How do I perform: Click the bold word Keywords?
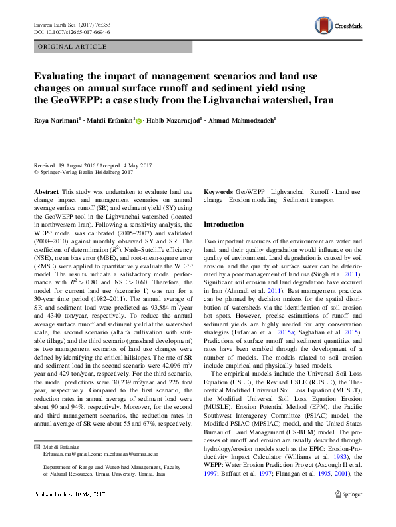218,191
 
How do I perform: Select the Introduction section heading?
225,225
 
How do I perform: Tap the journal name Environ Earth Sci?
54,24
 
